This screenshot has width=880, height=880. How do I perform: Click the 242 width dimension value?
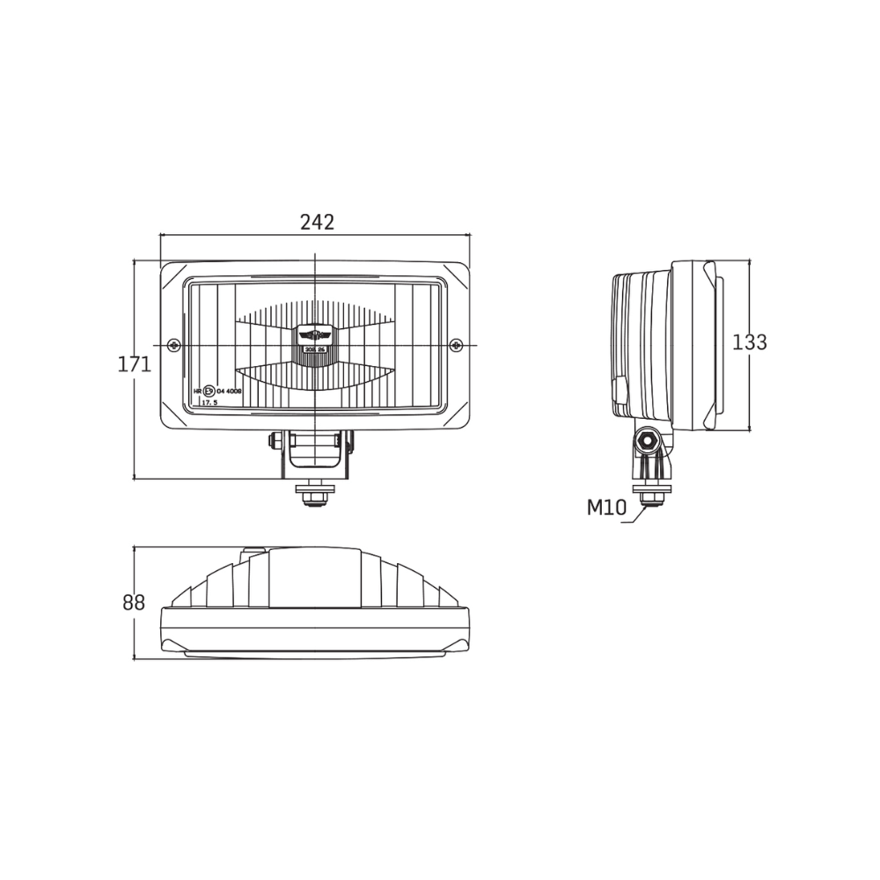[x=317, y=223]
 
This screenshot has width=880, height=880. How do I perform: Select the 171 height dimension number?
[x=135, y=364]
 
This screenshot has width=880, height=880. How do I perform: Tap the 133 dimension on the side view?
[x=750, y=342]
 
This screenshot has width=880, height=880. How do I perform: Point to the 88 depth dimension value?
[x=134, y=603]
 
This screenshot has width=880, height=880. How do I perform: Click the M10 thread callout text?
[x=605, y=507]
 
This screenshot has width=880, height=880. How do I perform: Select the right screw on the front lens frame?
[x=455, y=344]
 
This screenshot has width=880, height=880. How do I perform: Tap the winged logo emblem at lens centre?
[x=314, y=334]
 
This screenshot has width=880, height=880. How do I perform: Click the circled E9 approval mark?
[x=209, y=391]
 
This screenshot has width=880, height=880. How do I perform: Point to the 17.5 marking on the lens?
[x=209, y=401]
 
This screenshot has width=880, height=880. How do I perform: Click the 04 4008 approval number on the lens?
[x=230, y=391]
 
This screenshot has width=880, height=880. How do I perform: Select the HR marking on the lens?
[x=197, y=391]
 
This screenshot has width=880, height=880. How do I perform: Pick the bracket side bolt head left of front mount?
[x=276, y=439]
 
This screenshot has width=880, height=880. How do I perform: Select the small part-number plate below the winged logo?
[x=314, y=349]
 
